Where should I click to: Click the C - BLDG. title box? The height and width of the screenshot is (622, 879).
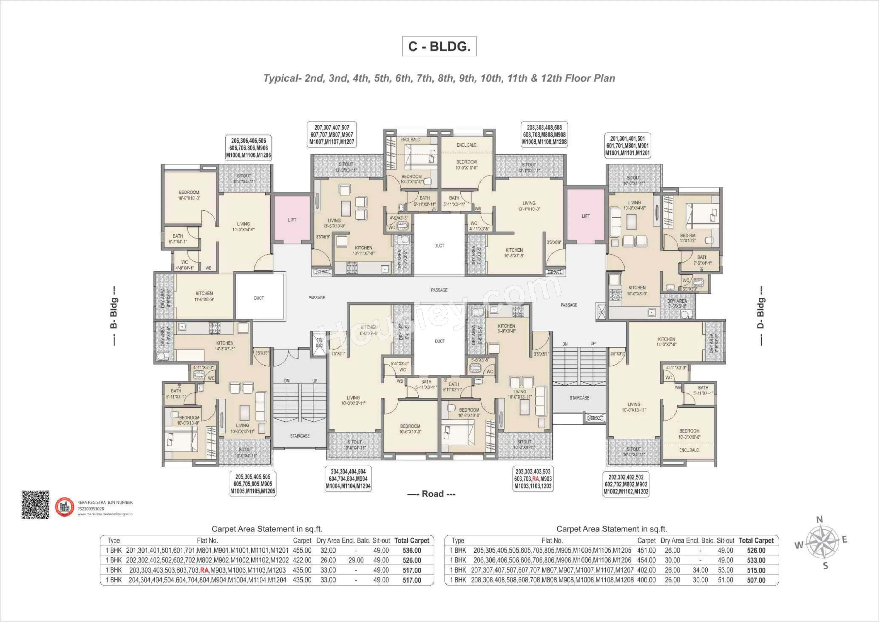click(439, 46)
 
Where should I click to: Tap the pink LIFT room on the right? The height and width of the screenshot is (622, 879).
click(585, 216)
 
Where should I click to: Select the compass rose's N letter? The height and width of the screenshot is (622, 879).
click(820, 520)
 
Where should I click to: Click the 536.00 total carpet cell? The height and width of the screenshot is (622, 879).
click(411, 550)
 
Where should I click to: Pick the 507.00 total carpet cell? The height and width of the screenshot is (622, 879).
click(756, 580)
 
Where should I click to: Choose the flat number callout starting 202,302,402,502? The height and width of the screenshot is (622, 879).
click(626, 484)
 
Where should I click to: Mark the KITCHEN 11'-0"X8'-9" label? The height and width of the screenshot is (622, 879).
click(204, 296)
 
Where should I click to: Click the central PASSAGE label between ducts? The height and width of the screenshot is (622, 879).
click(439, 290)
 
